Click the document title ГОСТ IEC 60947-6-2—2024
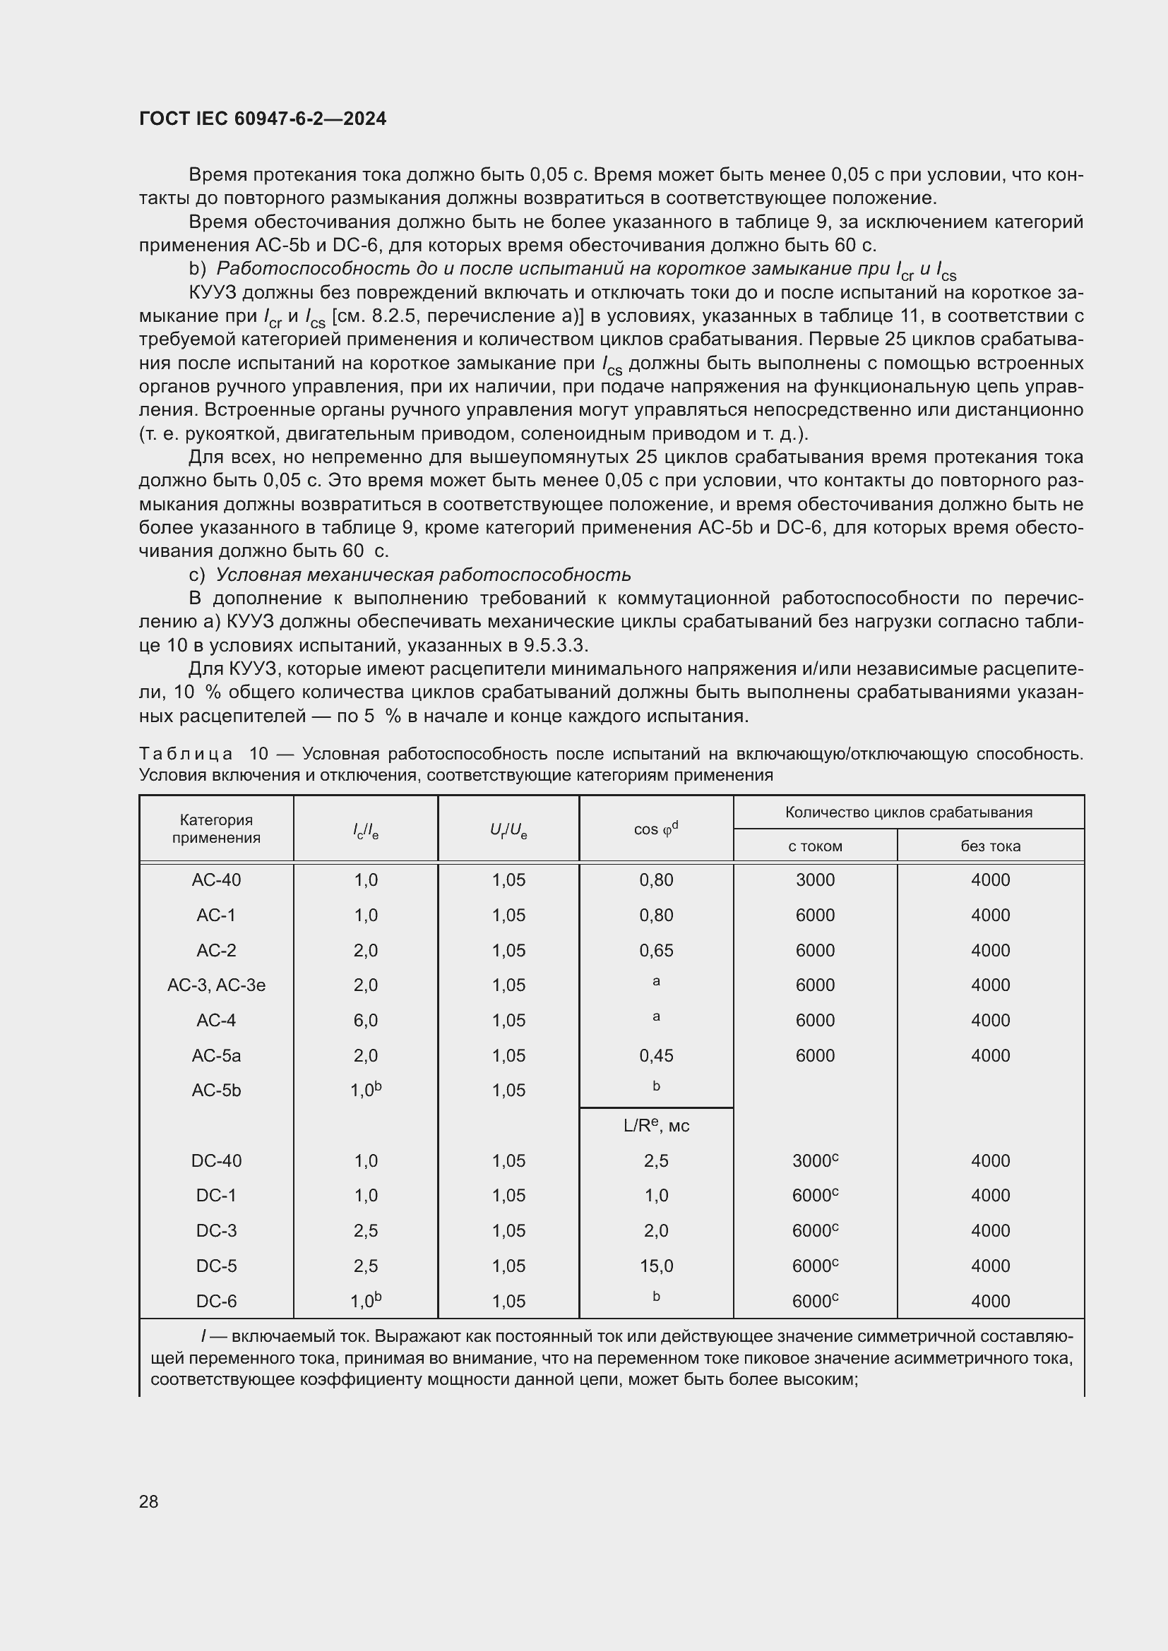pyautogui.click(x=263, y=119)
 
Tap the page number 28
pyautogui.click(x=149, y=1501)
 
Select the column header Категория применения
pyautogui.click(x=216, y=829)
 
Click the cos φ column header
pyautogui.click(x=655, y=829)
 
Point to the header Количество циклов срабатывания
pyautogui.click(x=908, y=812)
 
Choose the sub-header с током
pyautogui.click(x=815, y=846)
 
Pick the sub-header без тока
pyautogui.click(x=990, y=846)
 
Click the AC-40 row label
pyautogui.click(x=216, y=880)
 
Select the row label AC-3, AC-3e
pyautogui.click(x=216, y=985)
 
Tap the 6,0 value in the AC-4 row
pyautogui.click(x=365, y=1021)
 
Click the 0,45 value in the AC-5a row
pyautogui.click(x=656, y=1055)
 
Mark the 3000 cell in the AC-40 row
pyautogui.click(x=815, y=880)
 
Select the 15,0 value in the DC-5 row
pyautogui.click(x=656, y=1266)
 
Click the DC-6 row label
pyautogui.click(x=216, y=1302)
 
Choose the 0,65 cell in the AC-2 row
pyautogui.click(x=656, y=951)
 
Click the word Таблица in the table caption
pyautogui.click(x=186, y=754)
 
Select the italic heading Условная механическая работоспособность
pyautogui.click(x=423, y=575)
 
